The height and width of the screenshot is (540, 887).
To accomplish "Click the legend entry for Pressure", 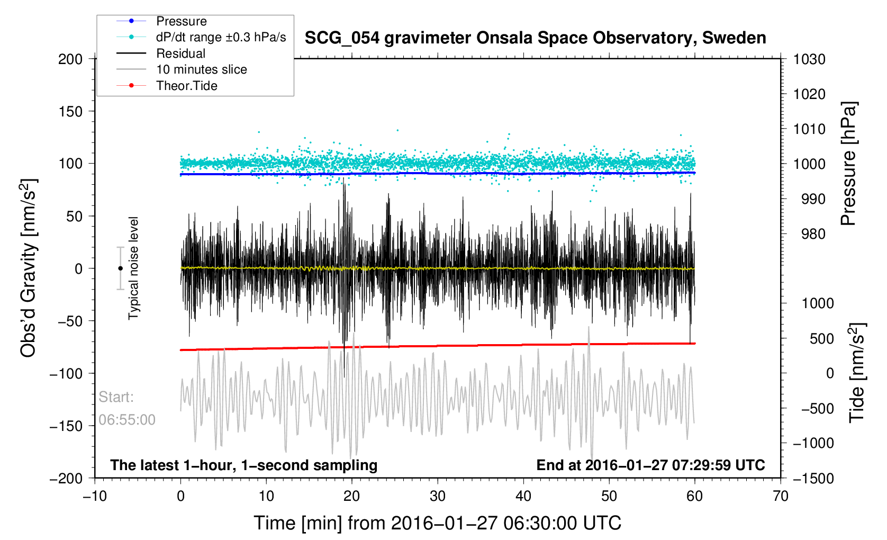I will point(181,21).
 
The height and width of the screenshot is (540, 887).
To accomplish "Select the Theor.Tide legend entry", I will point(186,86).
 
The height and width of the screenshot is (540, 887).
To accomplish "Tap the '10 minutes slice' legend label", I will point(201,69).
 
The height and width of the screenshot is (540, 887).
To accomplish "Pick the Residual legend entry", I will point(180,53).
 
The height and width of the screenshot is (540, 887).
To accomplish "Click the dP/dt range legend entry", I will point(221,37).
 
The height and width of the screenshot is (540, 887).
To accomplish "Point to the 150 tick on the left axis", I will point(70,111).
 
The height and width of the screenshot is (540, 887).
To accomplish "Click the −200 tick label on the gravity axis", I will point(66,478).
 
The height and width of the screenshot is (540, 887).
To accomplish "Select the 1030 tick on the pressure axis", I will point(809,59).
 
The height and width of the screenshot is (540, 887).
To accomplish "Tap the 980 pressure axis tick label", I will point(809,234).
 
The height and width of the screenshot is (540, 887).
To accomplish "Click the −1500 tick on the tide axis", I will point(813,478).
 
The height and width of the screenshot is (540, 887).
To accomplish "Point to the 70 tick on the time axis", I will point(780,496).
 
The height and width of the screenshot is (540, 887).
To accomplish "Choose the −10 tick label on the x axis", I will point(95,496).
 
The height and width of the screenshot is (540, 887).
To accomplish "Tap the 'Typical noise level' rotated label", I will point(133,268).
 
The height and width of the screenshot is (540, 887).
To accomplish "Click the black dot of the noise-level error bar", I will point(120,268).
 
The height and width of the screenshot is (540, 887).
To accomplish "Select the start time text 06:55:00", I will point(127,420).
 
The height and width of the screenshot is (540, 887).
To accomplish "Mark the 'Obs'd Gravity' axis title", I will point(29,268).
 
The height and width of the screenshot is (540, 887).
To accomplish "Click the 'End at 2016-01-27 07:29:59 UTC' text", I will point(650,465).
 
